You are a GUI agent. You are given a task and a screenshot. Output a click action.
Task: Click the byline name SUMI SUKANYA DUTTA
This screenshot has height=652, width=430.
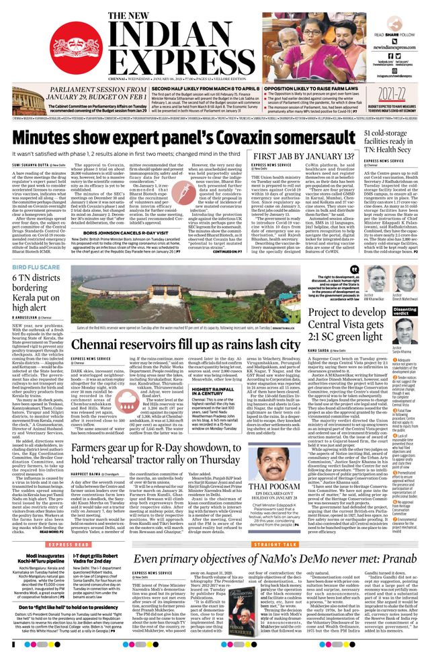coord(31,165)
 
